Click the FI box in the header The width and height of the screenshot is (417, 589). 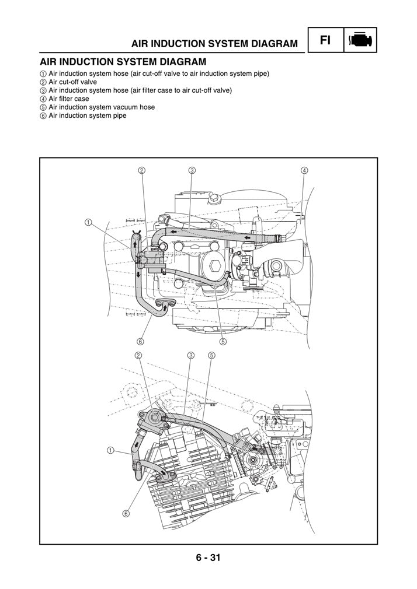[325, 41]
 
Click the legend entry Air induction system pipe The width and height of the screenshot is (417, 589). [87, 115]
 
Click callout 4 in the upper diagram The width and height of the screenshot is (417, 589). [304, 170]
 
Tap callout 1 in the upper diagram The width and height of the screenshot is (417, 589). [88, 222]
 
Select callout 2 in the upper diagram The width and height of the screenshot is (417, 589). [141, 170]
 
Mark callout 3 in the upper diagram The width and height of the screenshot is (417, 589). [192, 170]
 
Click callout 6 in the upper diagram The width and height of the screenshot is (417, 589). [140, 341]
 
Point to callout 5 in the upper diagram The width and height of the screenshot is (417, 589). [223, 341]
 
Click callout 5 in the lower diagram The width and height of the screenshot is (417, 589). [211, 355]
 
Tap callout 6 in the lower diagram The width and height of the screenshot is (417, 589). [126, 514]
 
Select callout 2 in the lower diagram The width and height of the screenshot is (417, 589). [138, 355]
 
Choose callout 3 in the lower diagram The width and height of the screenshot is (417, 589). [191, 355]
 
